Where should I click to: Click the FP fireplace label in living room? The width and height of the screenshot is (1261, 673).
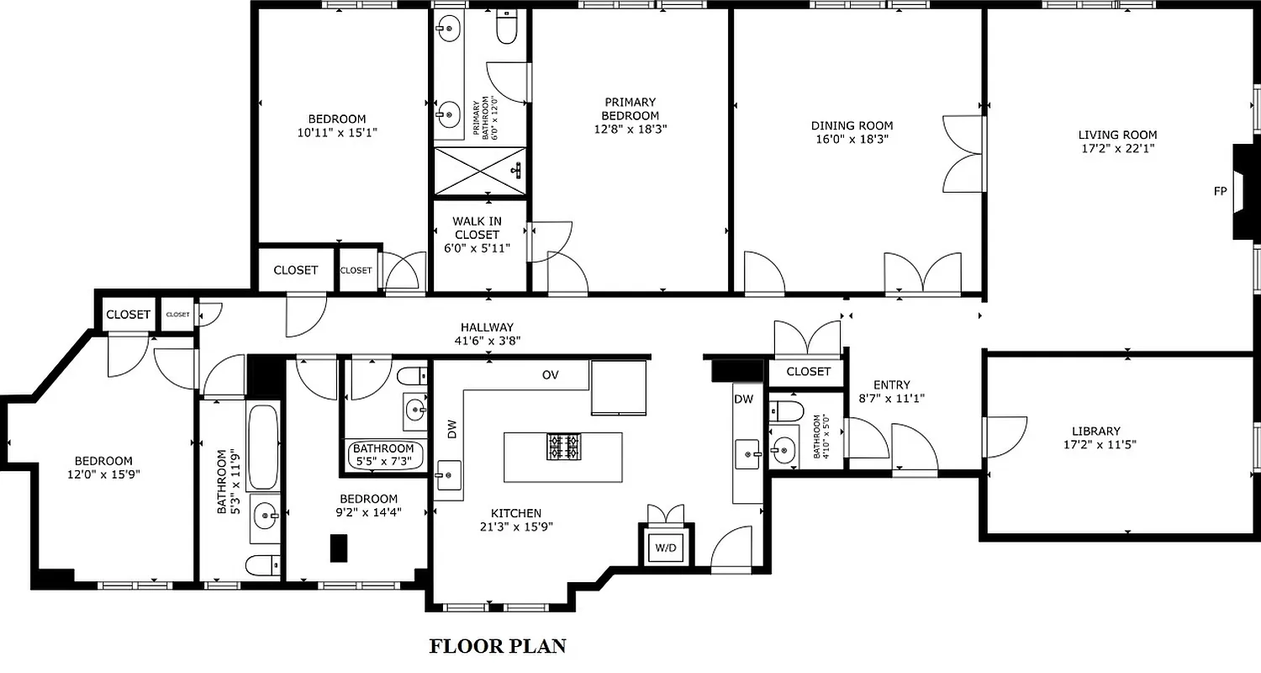coord(1220,191)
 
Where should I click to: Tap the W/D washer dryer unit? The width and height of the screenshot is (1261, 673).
coord(666,548)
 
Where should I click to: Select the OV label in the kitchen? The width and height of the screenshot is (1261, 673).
coord(551,374)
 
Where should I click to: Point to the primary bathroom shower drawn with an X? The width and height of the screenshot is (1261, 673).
coord(480,172)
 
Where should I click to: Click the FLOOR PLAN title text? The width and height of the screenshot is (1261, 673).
coord(498,646)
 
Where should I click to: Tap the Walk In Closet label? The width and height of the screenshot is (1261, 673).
coord(477,235)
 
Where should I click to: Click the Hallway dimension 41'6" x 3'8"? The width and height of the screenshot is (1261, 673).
coord(487,342)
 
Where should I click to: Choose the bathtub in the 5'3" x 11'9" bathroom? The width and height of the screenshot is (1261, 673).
coord(265,448)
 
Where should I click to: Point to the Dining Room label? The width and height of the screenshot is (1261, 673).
coord(852,125)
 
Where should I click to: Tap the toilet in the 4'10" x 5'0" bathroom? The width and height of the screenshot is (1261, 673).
coord(787,411)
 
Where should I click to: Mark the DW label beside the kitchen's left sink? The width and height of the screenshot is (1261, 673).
coord(451,431)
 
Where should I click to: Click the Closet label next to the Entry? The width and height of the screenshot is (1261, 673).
coord(808,371)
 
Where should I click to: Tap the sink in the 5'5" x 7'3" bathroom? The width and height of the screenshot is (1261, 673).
coord(414,411)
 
